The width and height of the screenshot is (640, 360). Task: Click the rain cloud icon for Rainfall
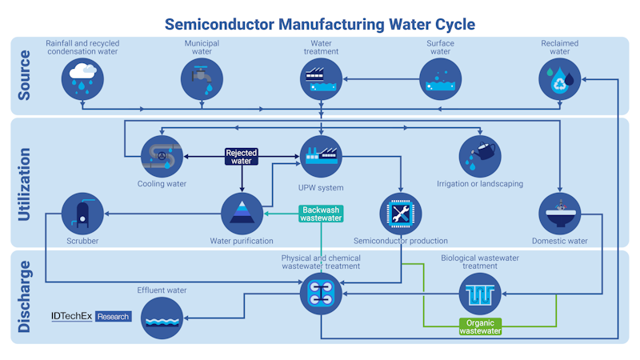83,78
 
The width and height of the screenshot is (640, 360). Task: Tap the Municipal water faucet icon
202,78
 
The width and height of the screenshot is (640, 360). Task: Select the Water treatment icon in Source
321,78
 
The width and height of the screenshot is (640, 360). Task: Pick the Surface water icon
441,78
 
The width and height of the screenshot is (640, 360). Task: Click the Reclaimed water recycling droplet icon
560,78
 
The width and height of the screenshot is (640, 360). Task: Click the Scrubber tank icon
82,214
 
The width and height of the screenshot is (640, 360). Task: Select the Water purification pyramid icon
242,214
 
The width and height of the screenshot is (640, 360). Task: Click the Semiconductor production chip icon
400,214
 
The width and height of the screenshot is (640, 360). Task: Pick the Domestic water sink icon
560,214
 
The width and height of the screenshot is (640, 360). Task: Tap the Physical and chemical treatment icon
321,294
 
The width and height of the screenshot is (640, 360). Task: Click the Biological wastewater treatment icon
480,294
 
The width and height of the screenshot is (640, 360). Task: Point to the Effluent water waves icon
162,317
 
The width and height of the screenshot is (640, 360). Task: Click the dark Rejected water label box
241,156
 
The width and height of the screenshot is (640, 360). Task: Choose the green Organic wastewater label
480,326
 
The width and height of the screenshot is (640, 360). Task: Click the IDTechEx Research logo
90,316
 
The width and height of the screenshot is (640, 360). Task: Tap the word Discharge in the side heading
24,297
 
